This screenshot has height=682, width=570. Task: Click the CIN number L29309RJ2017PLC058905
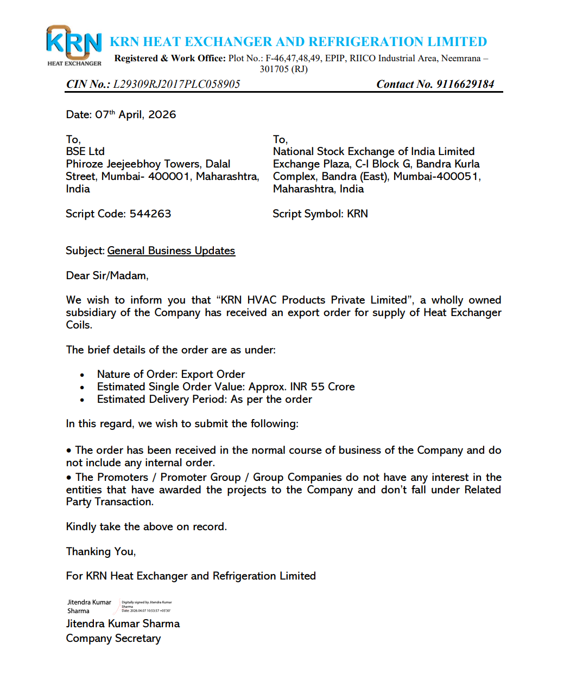[x=176, y=84]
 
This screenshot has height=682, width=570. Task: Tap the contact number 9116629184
[x=465, y=84]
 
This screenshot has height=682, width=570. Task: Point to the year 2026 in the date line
[x=162, y=114]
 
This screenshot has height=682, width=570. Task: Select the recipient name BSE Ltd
[x=85, y=151]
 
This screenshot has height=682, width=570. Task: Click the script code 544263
[x=150, y=214]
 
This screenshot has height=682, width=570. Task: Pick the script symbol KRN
[x=357, y=214]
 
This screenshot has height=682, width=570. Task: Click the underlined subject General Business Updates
[x=171, y=250]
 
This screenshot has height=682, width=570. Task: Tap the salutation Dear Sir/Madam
[x=107, y=275]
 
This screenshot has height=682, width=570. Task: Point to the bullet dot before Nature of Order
[x=82, y=375]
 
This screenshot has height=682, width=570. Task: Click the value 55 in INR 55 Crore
[x=318, y=387]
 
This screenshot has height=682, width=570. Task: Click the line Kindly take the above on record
[x=146, y=526]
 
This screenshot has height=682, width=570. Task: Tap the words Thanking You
[x=100, y=551]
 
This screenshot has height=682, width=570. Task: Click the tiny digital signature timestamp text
[x=146, y=610]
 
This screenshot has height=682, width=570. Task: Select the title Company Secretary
[x=113, y=638]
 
